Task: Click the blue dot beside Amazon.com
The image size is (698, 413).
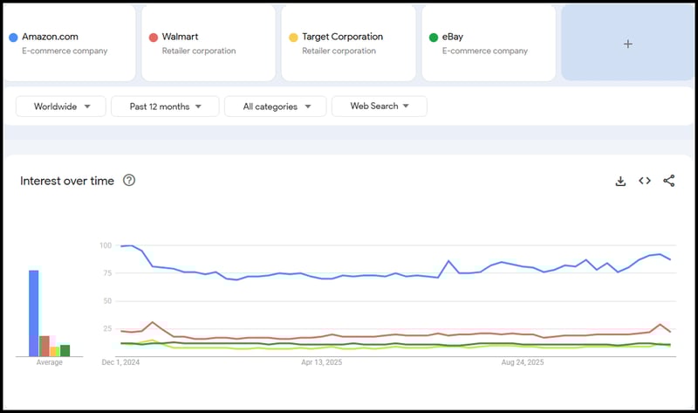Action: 13,38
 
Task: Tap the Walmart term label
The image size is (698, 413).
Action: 181,38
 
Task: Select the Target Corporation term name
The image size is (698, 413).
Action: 342,38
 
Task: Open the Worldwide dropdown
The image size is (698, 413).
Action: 60,107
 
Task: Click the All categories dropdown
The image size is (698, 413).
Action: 275,107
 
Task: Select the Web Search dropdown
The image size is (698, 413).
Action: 379,107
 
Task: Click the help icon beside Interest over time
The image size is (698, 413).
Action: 129,181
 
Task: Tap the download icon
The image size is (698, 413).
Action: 620,181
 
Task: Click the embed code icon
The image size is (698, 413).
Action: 645,181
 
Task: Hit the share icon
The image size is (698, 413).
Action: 669,181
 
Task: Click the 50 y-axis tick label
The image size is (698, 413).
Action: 107,301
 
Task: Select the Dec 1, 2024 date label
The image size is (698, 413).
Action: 120,361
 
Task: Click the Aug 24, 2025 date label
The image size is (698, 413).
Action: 523,361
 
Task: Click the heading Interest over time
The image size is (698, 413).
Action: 67,181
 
